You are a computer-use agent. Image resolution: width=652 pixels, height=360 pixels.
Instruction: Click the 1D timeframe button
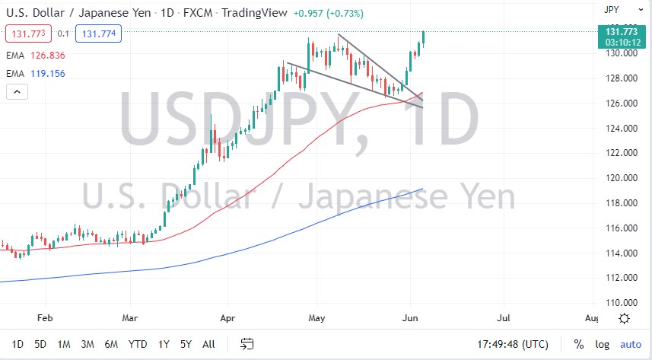pos(17,344)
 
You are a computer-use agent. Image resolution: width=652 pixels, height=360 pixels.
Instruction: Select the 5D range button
pos(40,344)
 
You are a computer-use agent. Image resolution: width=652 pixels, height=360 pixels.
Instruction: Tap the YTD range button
pos(138,344)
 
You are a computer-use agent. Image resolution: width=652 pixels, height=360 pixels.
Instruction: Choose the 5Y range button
pos(186,344)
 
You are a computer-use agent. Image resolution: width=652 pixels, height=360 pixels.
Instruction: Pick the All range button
pos(208,344)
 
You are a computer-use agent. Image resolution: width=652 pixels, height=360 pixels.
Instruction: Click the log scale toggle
pos(602,344)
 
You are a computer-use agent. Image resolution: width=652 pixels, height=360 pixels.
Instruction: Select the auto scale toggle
pos(630,344)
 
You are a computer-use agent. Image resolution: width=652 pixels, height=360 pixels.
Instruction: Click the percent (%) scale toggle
pos(579,344)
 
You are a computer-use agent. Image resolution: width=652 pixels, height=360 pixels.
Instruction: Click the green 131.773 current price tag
pos(622,31)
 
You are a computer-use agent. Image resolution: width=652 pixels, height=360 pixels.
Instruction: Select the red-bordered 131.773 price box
pos(28,33)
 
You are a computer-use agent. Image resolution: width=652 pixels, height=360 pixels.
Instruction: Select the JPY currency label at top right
pos(610,10)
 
